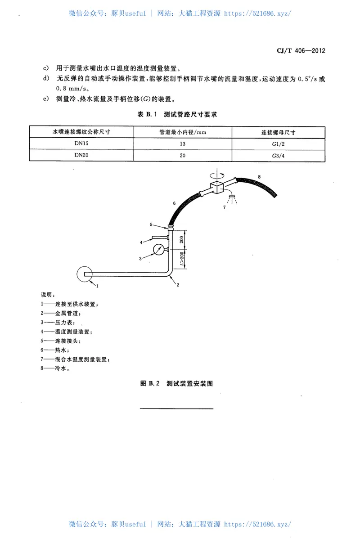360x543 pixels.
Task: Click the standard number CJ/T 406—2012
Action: pos(300,50)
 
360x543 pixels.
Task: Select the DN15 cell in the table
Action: pos(81,144)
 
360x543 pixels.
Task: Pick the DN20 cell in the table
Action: pos(81,155)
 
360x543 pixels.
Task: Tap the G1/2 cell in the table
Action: pos(279,144)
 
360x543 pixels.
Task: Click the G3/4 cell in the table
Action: pos(279,155)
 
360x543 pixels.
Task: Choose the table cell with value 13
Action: pos(183,144)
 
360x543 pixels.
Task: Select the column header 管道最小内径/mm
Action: pos(183,132)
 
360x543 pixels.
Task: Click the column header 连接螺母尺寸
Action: pos(279,132)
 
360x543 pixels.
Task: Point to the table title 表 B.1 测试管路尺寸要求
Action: pos(177,115)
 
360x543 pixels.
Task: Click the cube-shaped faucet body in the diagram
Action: pos(216,188)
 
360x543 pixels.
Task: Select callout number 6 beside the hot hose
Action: pos(174,204)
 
